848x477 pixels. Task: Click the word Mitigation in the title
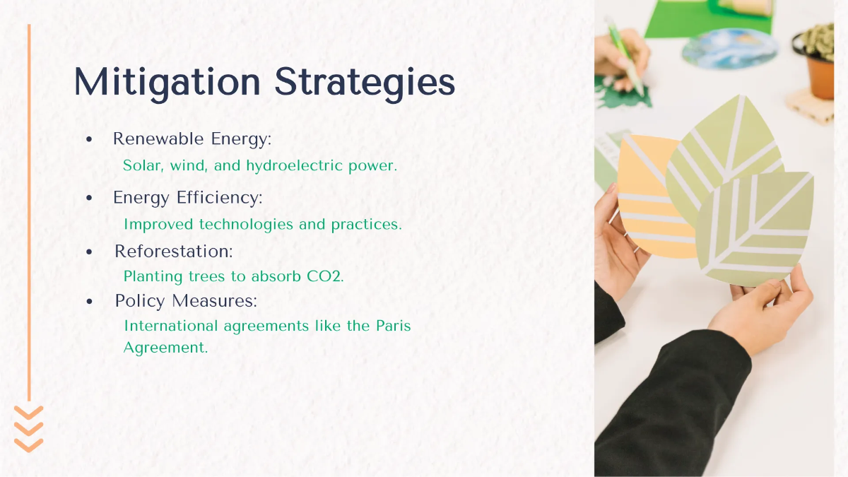(x=167, y=82)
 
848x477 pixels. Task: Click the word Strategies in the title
(x=365, y=83)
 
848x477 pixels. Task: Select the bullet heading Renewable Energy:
(x=192, y=139)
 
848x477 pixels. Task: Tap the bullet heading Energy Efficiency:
(x=187, y=198)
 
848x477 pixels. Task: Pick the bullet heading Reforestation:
(x=173, y=251)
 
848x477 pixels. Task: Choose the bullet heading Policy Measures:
(x=186, y=301)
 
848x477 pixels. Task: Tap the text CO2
(x=325, y=276)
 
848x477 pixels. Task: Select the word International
(x=170, y=326)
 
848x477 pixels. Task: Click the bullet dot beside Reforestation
(x=89, y=252)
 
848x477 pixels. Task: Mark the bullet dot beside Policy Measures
(x=89, y=302)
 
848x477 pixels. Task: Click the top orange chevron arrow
(x=29, y=411)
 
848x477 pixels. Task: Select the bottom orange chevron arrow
(x=29, y=444)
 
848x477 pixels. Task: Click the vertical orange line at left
(x=29, y=212)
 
